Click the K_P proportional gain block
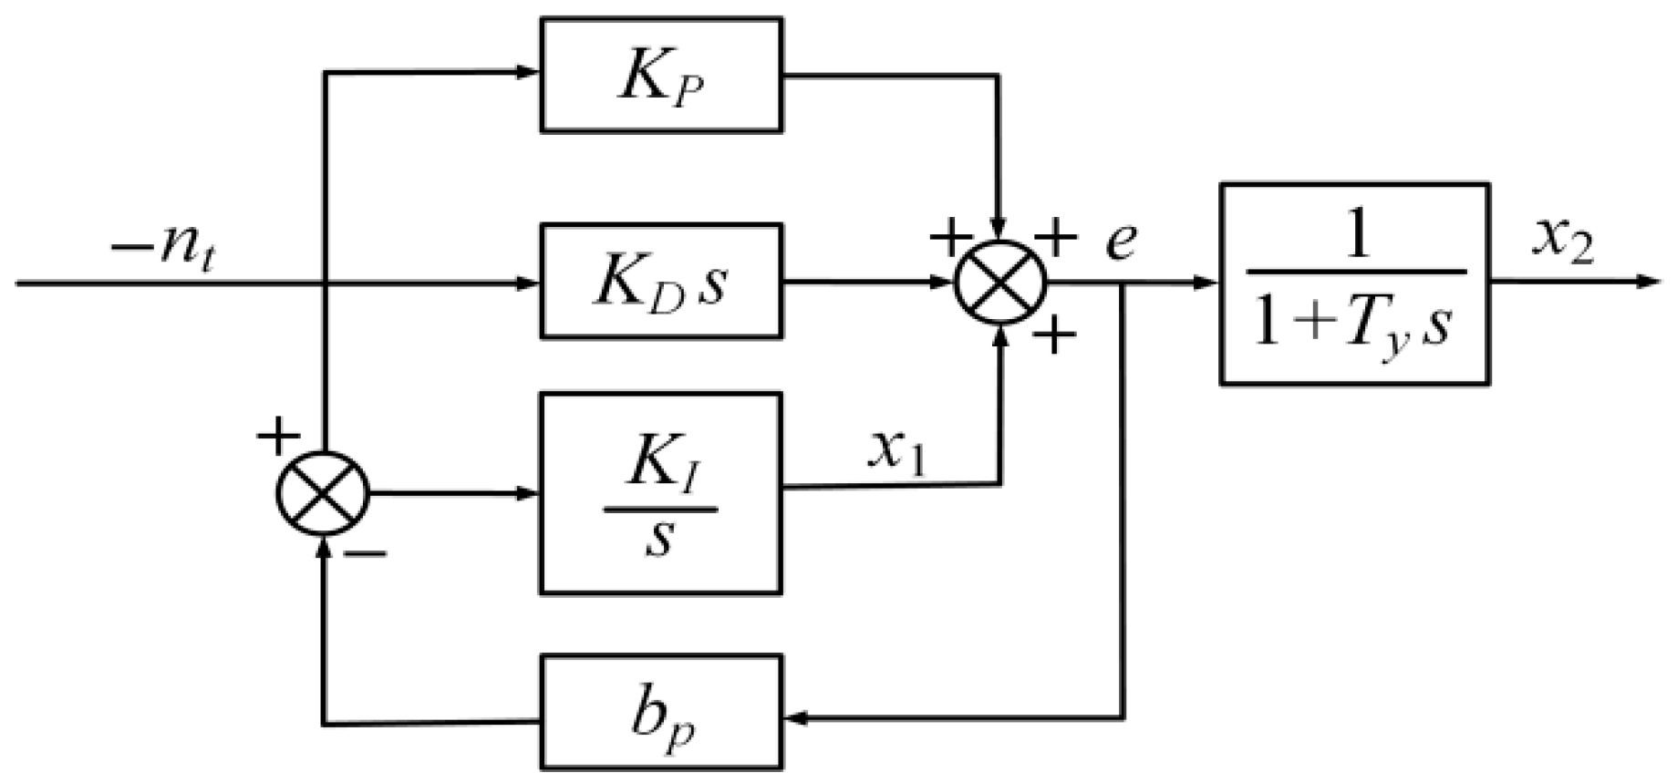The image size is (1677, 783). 661,76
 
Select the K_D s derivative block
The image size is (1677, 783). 661,282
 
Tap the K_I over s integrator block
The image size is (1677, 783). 661,494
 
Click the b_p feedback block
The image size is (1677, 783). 661,713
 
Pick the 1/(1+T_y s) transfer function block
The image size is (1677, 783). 1354,283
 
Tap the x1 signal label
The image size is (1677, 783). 896,456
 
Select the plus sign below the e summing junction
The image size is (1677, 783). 1055,338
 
